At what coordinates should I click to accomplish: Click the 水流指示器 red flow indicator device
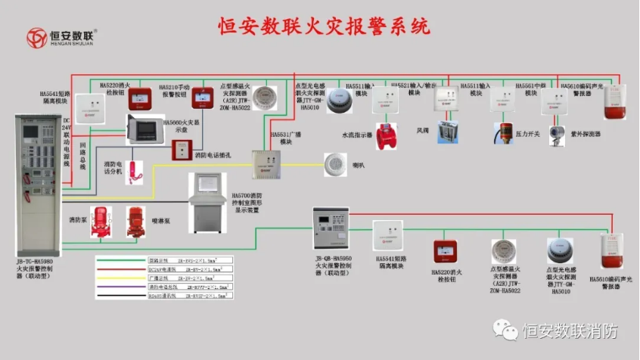click(387, 135)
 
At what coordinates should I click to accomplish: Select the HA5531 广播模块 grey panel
click(266, 164)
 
